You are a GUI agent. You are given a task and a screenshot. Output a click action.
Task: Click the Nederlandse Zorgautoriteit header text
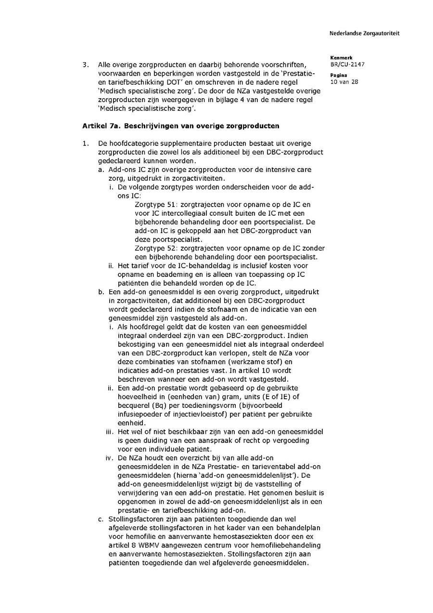click(x=364, y=34)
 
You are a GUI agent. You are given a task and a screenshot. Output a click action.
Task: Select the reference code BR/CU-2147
click(x=344, y=64)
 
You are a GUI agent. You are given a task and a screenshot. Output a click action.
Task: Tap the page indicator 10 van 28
click(x=344, y=82)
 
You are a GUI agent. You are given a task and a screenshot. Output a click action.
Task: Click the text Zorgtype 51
click(x=154, y=205)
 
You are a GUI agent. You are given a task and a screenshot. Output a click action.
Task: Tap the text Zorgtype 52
click(x=154, y=248)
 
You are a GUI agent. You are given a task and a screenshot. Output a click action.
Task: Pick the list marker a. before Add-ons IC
click(x=101, y=170)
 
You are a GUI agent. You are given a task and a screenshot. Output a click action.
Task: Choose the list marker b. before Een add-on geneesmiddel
click(x=101, y=292)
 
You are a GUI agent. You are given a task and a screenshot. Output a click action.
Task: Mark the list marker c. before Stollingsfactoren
click(x=101, y=520)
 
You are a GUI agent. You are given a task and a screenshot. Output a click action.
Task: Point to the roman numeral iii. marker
click(x=109, y=432)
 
